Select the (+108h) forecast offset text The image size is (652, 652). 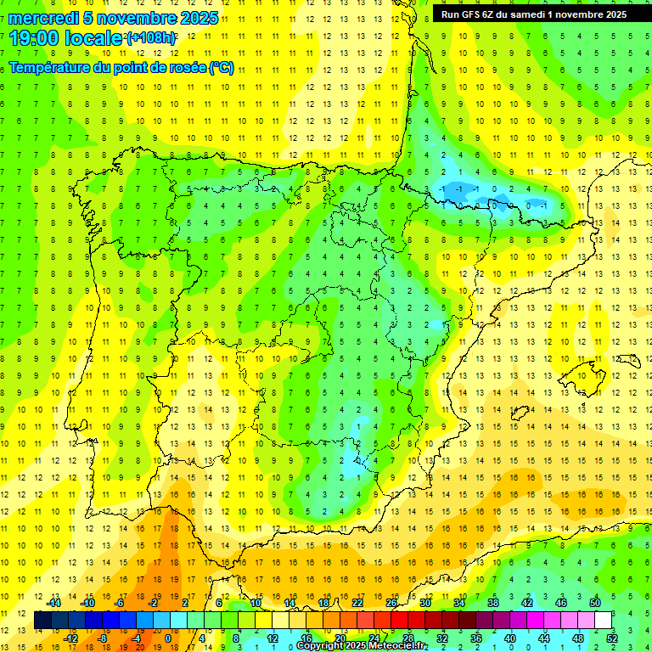pyautogui.click(x=151, y=38)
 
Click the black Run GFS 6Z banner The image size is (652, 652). pyautogui.click(x=534, y=14)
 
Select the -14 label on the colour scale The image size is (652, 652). pyautogui.click(x=53, y=603)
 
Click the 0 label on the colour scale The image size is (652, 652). pyautogui.click(x=167, y=638)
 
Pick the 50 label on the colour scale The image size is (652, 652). pyautogui.click(x=595, y=603)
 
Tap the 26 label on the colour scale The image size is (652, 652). pyautogui.click(x=391, y=603)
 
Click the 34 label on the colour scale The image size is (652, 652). pyautogui.click(x=459, y=603)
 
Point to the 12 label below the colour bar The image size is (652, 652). pyautogui.click(x=273, y=638)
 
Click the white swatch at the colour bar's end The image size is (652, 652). pyautogui.click(x=603, y=621)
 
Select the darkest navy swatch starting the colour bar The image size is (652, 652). pyautogui.click(x=42, y=621)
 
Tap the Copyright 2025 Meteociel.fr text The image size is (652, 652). pyautogui.click(x=362, y=646)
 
